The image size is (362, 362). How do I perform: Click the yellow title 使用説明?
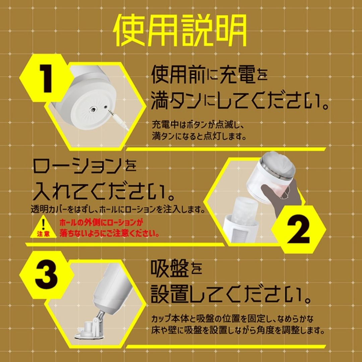(x=181, y=30)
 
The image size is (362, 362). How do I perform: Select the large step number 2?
(x=299, y=229)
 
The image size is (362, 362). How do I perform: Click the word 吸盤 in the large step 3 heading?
(x=169, y=269)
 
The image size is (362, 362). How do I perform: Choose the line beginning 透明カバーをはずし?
(x=118, y=209)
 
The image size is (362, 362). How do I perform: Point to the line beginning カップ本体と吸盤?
(x=232, y=319)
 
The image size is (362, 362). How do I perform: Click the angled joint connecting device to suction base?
(x=98, y=317)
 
